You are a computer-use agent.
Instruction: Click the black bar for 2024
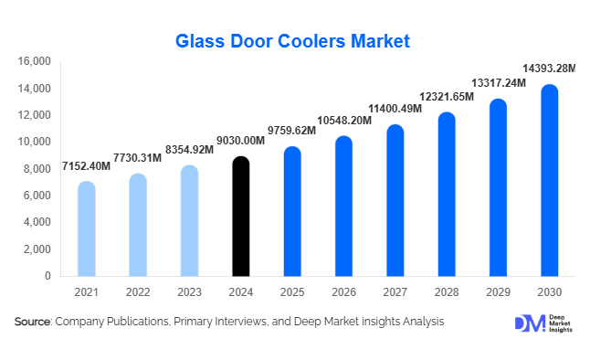coord(239,217)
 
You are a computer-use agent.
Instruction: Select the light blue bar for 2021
coord(86,228)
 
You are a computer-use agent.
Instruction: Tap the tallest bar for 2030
coord(549,181)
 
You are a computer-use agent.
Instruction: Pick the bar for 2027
coord(395,200)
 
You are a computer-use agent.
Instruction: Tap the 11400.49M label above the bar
coord(395,109)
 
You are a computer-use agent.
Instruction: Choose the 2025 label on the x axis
coord(291,292)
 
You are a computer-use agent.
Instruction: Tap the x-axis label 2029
coord(498,292)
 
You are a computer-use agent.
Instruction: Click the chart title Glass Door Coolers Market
coord(294,41)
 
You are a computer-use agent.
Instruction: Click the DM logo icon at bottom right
coord(528,323)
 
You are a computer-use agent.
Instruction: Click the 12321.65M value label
coord(446,96)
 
